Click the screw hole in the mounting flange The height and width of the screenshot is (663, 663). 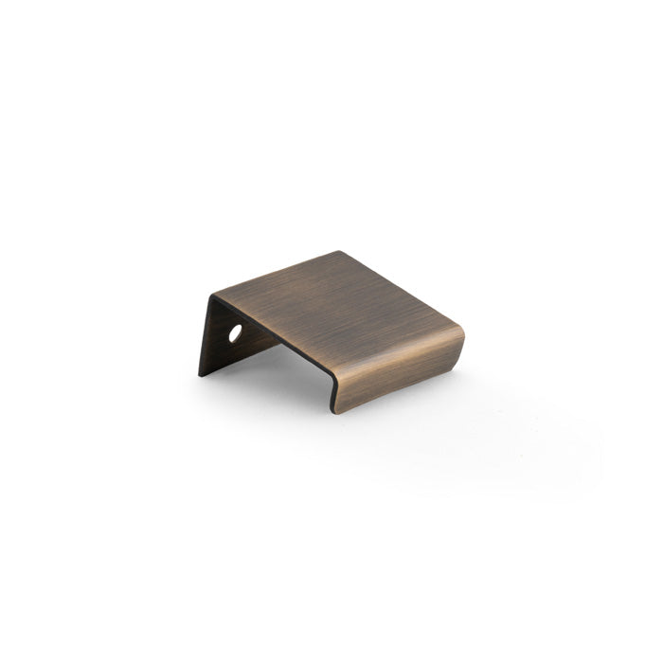tap(235, 332)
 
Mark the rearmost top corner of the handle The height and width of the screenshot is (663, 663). tap(338, 251)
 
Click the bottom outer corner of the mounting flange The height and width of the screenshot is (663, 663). tap(199, 375)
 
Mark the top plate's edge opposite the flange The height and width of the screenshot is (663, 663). tap(403, 289)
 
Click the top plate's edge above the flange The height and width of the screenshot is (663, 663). tap(275, 272)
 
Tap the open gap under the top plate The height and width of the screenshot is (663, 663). tap(284, 360)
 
